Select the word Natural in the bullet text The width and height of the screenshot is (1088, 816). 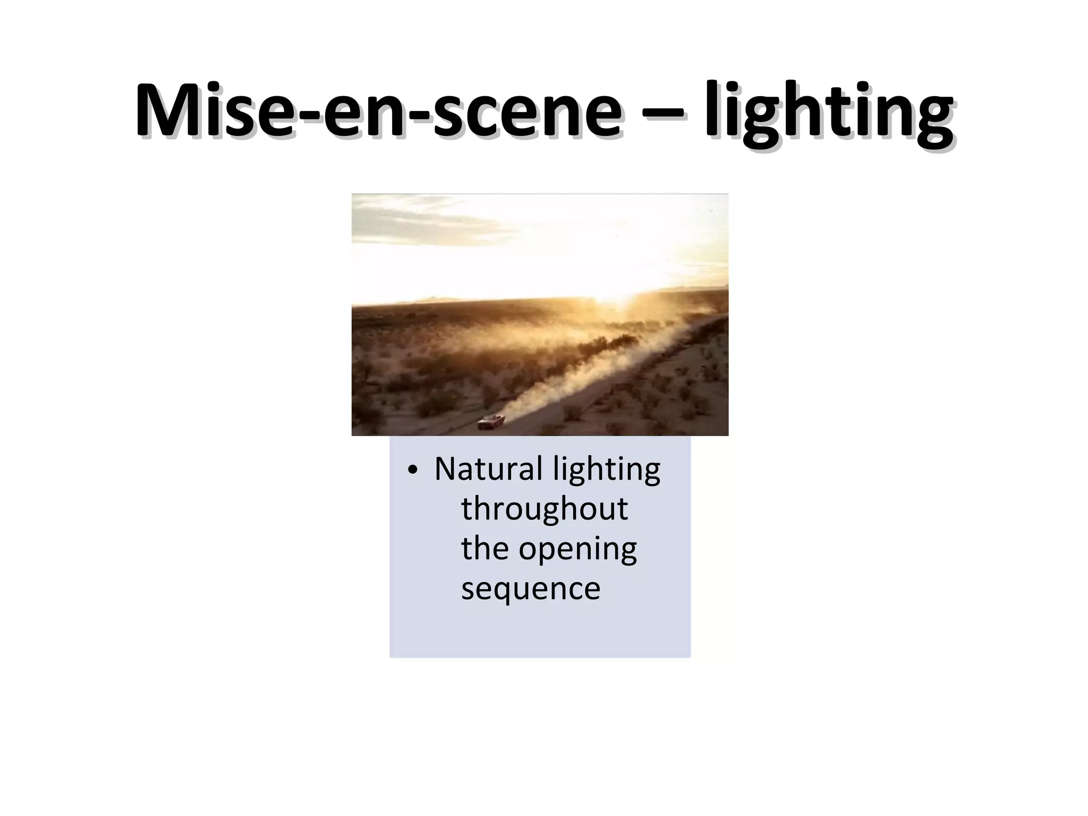coord(488,469)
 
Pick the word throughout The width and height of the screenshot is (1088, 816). coord(545,509)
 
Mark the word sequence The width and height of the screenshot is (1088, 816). coord(530,589)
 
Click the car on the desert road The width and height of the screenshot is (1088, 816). coord(490,422)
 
